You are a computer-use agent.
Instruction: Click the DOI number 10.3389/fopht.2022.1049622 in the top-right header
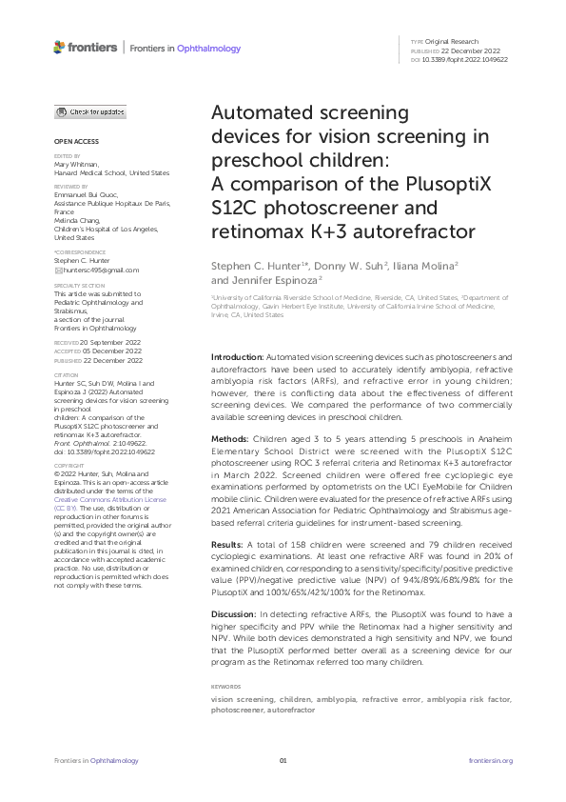pos(465,59)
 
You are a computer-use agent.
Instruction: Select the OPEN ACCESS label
pos(74,141)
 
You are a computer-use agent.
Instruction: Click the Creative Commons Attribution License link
pos(109,499)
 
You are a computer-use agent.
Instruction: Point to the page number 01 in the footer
pos(283,760)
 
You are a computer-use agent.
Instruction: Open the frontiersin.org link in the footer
pos(491,760)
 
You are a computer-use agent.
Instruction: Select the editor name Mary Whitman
pos(76,164)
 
